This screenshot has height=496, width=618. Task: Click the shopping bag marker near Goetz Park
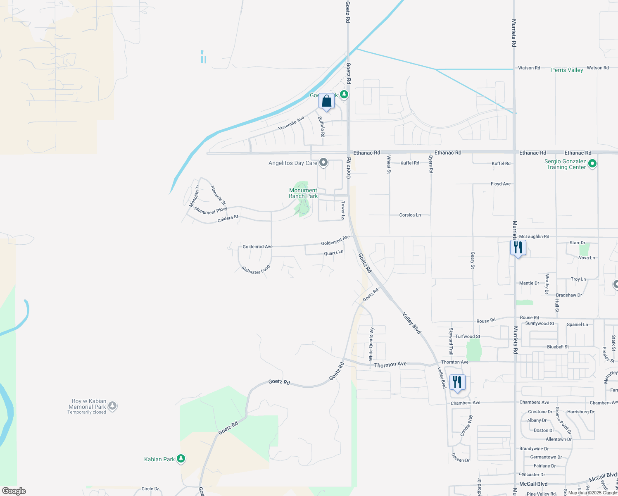(x=326, y=101)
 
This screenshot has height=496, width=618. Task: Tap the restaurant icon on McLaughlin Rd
(x=518, y=248)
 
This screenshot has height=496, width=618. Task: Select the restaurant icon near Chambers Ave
(x=457, y=382)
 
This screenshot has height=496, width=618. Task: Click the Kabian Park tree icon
(x=181, y=459)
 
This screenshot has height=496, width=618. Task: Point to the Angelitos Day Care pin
(x=323, y=162)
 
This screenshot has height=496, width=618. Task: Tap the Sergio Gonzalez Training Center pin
(x=592, y=164)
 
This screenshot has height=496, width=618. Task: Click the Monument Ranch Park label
(x=303, y=193)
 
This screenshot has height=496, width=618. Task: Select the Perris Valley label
(x=567, y=70)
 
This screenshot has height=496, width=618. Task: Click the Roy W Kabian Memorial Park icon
(x=112, y=406)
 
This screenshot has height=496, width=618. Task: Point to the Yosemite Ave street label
(x=291, y=123)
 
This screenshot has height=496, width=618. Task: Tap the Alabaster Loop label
(x=256, y=269)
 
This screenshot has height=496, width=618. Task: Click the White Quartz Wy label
(x=371, y=343)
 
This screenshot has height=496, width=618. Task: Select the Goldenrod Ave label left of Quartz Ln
(x=257, y=246)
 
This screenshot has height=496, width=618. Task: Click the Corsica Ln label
(x=410, y=215)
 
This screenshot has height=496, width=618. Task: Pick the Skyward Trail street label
(x=451, y=341)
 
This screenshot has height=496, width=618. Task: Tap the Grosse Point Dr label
(x=563, y=420)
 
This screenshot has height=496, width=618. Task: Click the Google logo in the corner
(x=14, y=491)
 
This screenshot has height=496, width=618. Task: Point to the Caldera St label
(x=228, y=218)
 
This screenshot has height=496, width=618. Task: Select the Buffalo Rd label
(x=321, y=126)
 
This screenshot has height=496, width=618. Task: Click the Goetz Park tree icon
(x=344, y=95)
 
